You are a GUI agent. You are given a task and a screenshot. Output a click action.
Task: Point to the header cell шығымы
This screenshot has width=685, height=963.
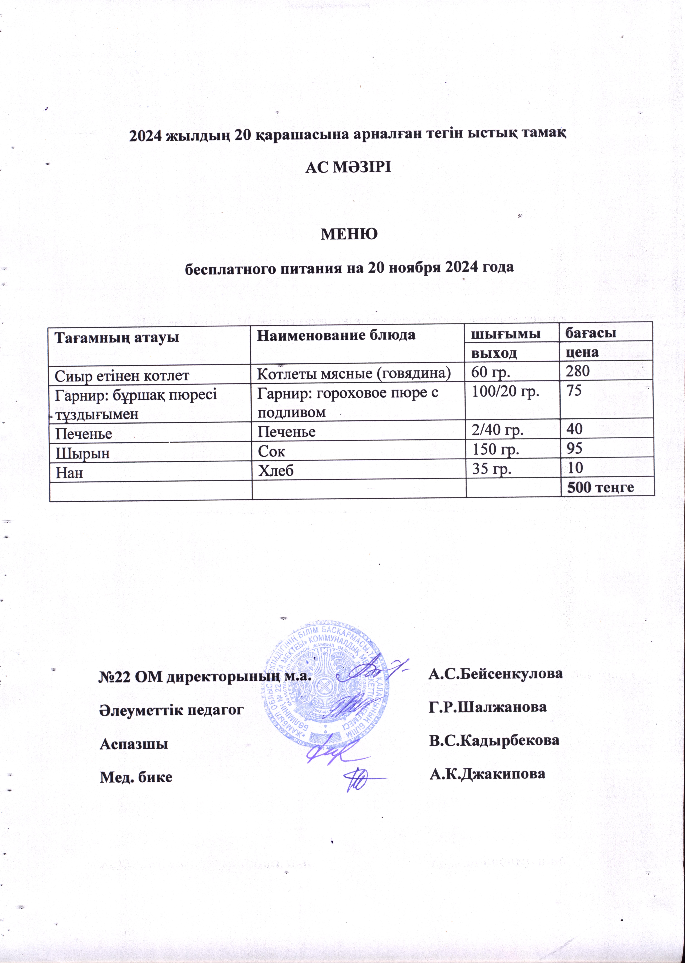tap(506, 335)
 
